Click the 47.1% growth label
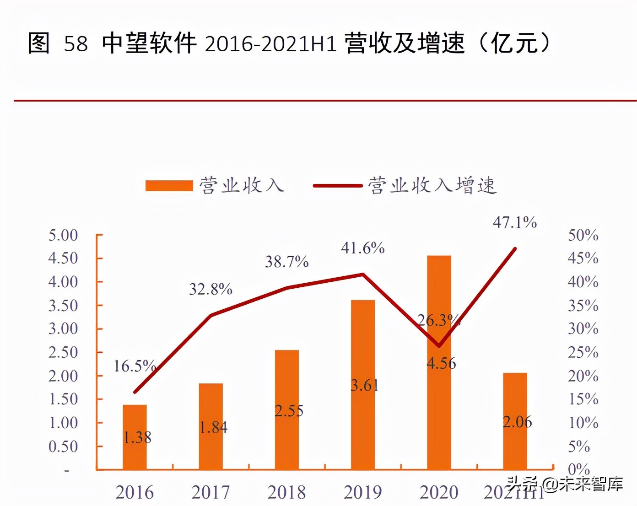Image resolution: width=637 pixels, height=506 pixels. pos(514,222)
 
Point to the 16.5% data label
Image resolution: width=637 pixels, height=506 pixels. pos(134,366)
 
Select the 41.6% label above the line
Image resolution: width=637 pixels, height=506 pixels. pos(362,248)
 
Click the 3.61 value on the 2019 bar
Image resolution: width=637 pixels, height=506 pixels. pos(364,385)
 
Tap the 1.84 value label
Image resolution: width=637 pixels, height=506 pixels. pos(213,427)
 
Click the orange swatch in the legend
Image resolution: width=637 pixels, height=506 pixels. pos(169,185)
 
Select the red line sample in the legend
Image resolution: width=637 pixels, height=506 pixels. pos(338,185)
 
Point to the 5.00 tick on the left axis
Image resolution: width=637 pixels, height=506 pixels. pos(63,235)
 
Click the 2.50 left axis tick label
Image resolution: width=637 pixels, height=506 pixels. pos(63,352)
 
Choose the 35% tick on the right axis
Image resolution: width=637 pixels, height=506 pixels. pos(583,305)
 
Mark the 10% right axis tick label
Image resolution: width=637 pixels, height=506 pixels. pos(583,422)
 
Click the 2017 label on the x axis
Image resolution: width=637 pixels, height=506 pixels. pos(211,492)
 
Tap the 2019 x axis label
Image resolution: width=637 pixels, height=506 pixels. pos(362,492)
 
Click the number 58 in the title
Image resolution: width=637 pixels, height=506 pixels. pos(76,44)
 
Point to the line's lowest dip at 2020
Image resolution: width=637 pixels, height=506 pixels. pos(439,345)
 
